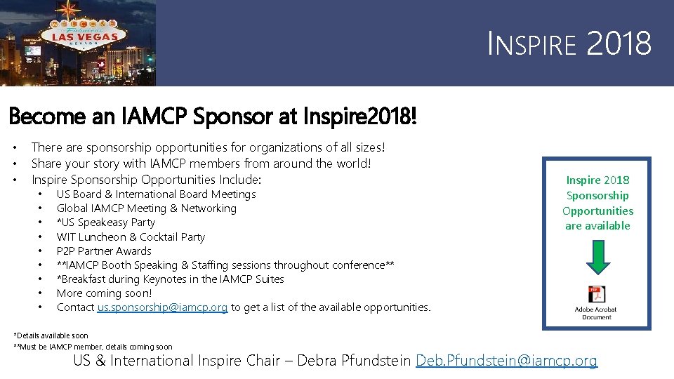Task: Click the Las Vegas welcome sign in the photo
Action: coord(82,31)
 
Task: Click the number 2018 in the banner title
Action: coord(619,44)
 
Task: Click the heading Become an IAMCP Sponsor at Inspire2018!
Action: coord(213,117)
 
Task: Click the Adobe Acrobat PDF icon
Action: coord(597,294)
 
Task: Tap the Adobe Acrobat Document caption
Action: coord(597,313)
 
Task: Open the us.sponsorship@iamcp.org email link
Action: coord(162,307)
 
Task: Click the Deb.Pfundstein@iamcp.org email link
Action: coord(506,361)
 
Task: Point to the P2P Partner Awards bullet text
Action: coord(104,251)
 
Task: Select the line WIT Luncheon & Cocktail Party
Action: coord(131,237)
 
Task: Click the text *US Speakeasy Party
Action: coord(105,222)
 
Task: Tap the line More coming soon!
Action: coord(104,293)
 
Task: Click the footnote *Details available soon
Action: coord(51,336)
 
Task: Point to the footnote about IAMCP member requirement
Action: coord(93,347)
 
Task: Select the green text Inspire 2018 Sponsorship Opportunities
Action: coord(597,203)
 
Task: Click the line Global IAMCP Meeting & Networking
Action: coord(146,208)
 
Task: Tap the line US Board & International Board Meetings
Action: coord(156,194)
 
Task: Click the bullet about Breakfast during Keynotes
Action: coord(170,279)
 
